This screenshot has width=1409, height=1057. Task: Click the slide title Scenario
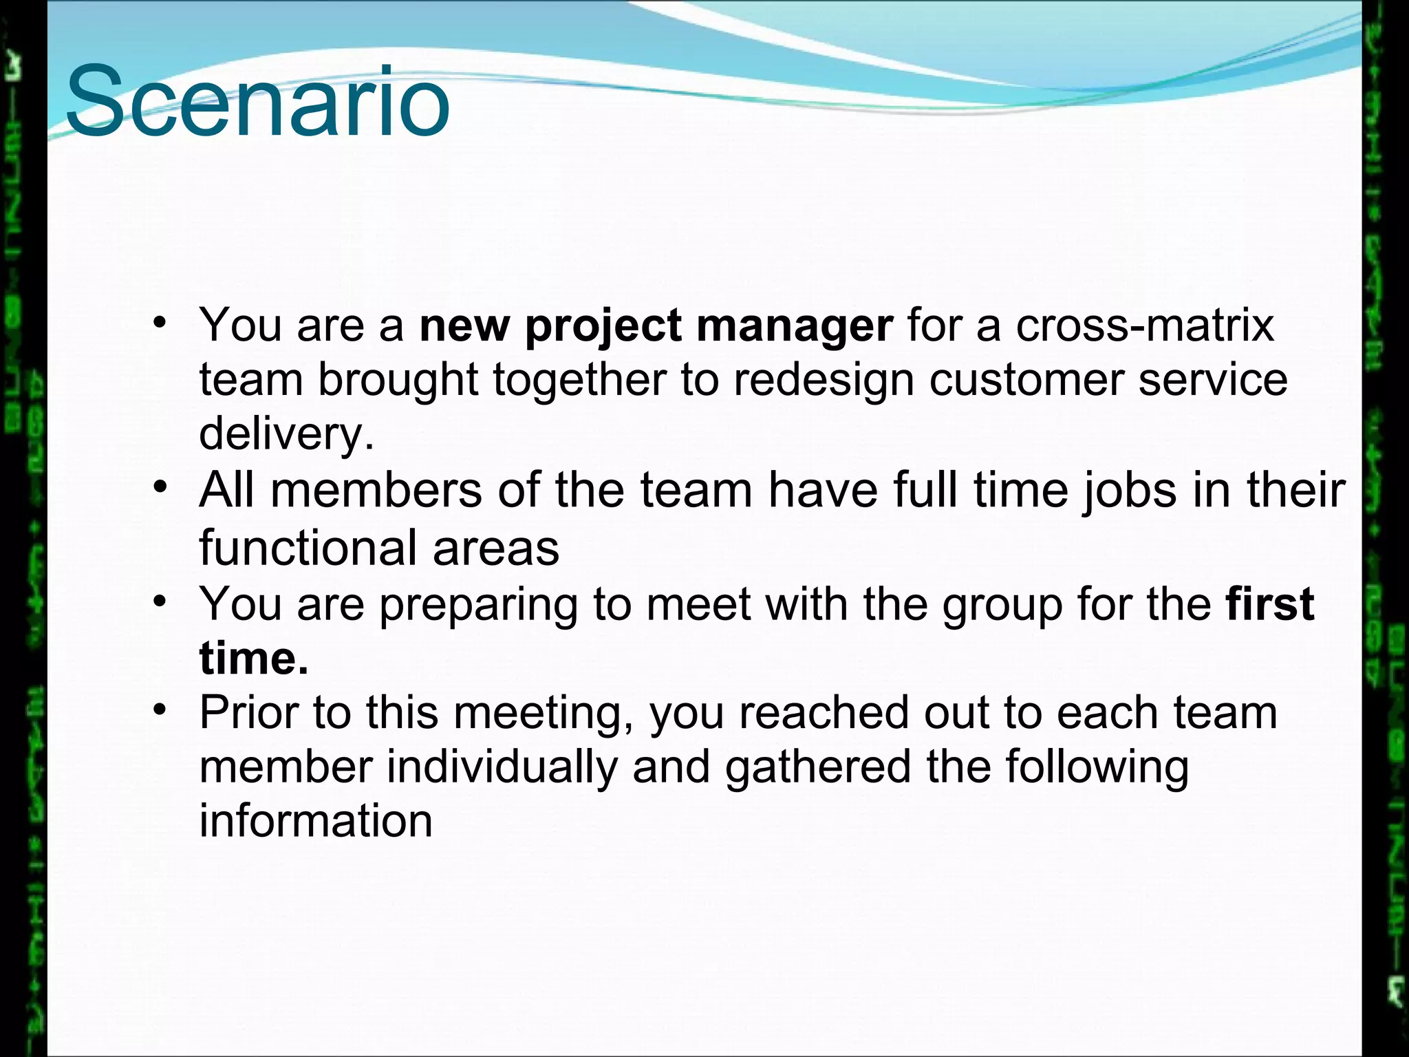tap(257, 102)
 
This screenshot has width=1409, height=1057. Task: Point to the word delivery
tap(286, 434)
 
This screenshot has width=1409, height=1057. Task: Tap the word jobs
tap(1129, 491)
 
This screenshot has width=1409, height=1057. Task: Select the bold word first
tap(1269, 604)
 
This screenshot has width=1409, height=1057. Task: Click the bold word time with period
tap(253, 658)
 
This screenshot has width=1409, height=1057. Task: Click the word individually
tap(502, 767)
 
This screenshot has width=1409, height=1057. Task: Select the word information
tap(316, 821)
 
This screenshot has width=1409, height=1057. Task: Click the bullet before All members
tap(160, 487)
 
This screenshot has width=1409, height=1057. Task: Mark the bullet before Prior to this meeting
tap(160, 709)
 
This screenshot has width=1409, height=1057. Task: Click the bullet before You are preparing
tap(160, 601)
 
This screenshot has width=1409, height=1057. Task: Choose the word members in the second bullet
tap(376, 491)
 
